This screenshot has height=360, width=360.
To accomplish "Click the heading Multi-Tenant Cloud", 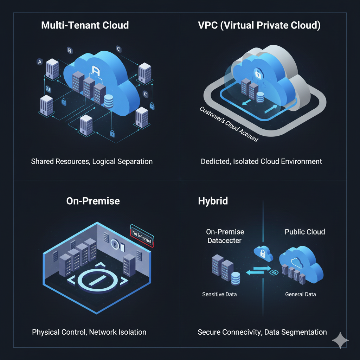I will tap(85, 25).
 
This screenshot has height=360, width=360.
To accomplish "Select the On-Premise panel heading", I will tap(93, 201).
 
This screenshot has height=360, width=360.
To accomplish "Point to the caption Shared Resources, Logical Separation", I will tap(92, 161).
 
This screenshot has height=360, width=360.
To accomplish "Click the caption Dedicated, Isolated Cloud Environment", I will tap(262, 161).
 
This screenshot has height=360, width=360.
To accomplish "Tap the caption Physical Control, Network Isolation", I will tap(89, 332).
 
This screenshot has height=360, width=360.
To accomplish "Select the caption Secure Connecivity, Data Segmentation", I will tap(262, 332).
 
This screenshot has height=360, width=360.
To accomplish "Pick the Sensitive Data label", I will tap(219, 294).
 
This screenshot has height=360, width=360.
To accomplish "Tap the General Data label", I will tap(300, 294).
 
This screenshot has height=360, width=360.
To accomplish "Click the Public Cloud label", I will tap(305, 232).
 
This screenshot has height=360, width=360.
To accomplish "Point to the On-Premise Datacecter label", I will tap(225, 236).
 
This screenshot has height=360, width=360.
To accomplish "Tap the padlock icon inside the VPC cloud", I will tap(258, 73).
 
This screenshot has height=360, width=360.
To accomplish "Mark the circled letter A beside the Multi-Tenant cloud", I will tap(39, 62).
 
